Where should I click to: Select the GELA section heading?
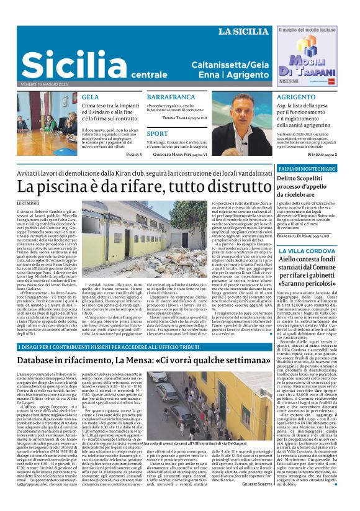pos(90,97)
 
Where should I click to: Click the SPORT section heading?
pos(158,133)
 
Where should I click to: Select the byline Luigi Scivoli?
pos(28,202)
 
